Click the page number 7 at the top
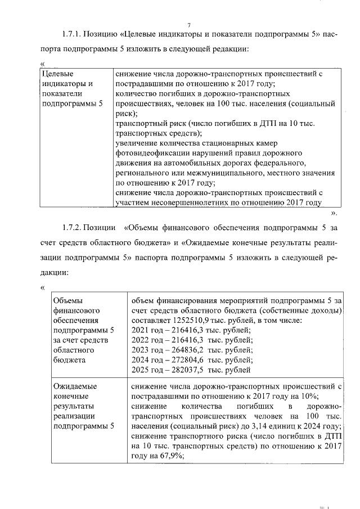(189, 24)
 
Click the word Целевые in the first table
(58, 74)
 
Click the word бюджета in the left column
(67, 360)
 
